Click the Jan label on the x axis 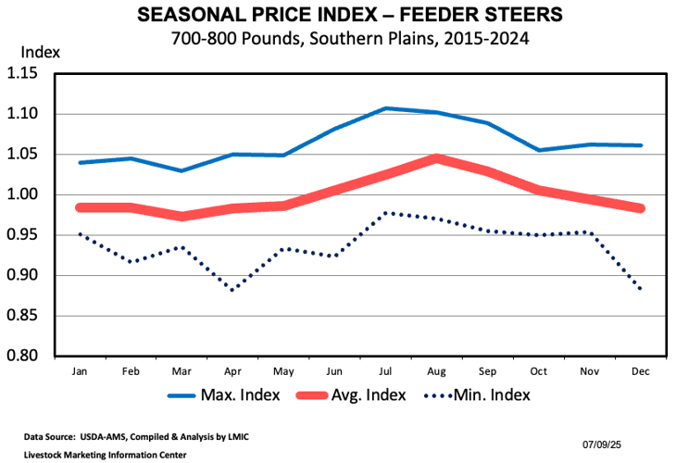(80, 370)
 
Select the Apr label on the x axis (232, 370)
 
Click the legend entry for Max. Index (214, 396)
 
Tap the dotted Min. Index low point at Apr (232, 290)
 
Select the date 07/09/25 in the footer (607, 444)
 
